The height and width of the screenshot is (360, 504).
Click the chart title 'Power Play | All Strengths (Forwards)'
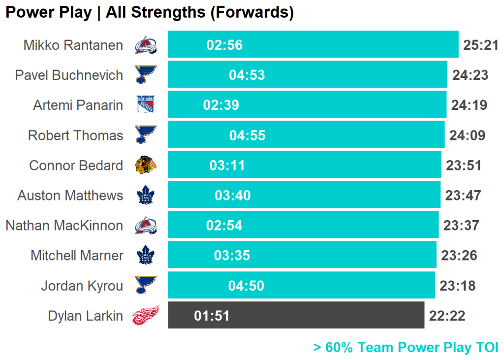coord(149,12)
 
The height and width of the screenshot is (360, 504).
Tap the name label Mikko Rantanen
coord(73,45)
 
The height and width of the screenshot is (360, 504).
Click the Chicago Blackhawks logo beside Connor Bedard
coord(145,165)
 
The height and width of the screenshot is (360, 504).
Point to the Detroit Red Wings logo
coord(145,316)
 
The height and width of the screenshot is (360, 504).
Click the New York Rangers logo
coord(145,105)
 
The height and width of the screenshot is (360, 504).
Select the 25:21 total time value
coord(480,45)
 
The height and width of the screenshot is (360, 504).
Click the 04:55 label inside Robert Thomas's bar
coord(247,135)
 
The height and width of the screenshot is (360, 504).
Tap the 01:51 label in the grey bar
coord(212,316)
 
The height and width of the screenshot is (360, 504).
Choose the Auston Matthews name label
coord(70,196)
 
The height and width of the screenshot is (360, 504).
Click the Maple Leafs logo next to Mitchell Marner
coord(145,256)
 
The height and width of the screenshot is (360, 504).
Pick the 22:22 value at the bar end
coord(447,316)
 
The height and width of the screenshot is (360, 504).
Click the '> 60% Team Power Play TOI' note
coord(406,347)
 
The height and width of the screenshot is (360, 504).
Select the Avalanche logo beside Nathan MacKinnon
coord(145,226)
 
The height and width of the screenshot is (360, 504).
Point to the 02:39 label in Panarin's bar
coord(221,105)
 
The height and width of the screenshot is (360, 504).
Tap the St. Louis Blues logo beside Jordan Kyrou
coord(145,285)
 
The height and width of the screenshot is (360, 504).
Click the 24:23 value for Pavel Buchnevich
coord(470,75)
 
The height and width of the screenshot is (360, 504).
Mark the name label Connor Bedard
coord(76,165)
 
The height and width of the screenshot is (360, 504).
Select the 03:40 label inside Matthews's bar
coord(232,196)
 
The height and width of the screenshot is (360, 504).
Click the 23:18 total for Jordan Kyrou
coord(457,286)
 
